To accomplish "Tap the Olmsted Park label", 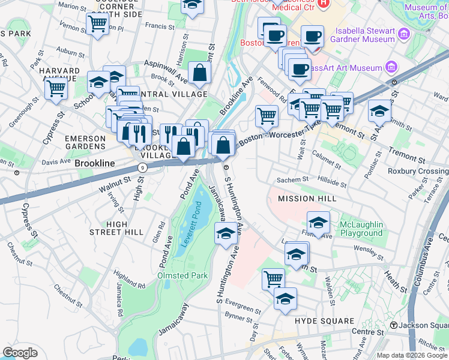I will (x=182, y=275).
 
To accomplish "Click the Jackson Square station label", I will (x=418, y=325).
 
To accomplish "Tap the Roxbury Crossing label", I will (x=426, y=170).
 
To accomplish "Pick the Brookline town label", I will (x=95, y=163).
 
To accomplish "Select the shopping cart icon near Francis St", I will (x=96, y=25).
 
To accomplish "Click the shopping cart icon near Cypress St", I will (x=56, y=89).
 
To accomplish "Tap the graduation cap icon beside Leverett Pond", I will (x=226, y=235).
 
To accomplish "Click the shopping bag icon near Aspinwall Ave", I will (x=199, y=74).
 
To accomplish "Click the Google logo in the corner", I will (x=20, y=353).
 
